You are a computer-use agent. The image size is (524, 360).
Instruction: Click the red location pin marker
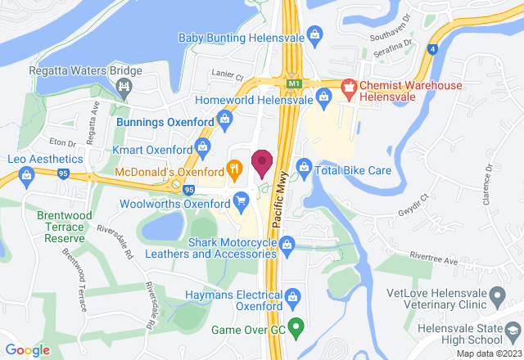click(x=262, y=163)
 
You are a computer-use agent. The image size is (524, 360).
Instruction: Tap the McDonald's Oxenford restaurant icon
click(x=235, y=171)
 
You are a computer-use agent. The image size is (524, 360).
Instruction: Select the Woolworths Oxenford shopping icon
click(x=241, y=200)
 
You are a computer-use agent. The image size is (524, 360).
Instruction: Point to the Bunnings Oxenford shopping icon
click(x=224, y=122)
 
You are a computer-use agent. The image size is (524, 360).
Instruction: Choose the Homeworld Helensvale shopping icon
click(x=324, y=100)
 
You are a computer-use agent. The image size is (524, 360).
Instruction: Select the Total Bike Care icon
click(x=304, y=169)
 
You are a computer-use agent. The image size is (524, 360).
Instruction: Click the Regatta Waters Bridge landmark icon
click(x=124, y=84)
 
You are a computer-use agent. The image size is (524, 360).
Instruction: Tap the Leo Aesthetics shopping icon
click(x=26, y=173)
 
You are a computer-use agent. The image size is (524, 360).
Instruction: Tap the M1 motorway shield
click(x=294, y=83)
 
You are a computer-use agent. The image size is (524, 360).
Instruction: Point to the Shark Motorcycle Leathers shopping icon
click(x=287, y=243)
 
